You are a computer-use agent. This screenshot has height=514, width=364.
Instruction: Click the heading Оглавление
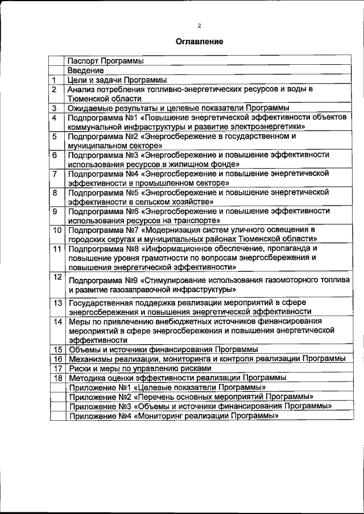click(198, 41)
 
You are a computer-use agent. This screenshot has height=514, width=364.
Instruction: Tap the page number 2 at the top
click(199, 25)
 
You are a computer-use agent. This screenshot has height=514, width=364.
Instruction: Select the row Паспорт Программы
click(105, 61)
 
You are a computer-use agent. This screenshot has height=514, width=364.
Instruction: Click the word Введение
click(85, 70)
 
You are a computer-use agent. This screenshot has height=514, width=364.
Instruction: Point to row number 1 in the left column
click(53, 80)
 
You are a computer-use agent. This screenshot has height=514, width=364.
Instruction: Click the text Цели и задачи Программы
click(117, 80)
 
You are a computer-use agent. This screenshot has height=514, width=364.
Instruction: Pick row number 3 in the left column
click(53, 107)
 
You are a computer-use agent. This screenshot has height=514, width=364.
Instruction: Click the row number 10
click(57, 230)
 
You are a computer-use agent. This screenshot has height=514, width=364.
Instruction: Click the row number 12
click(57, 277)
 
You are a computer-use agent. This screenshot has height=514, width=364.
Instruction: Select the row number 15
click(57, 349)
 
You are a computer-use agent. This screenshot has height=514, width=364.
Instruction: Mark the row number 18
click(57, 377)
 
